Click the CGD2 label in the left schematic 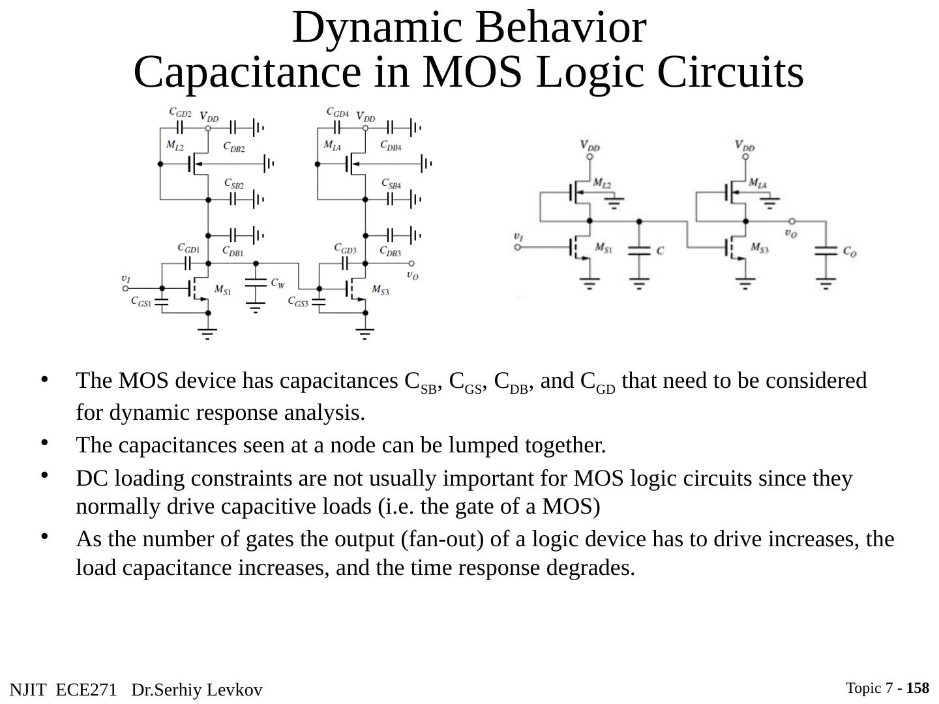tap(180, 113)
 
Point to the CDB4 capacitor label tap(391, 146)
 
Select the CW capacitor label tap(278, 284)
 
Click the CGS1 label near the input tap(141, 301)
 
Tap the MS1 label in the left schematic tap(222, 290)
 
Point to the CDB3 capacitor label tap(391, 251)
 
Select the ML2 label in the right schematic tap(602, 184)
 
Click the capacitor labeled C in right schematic tap(660, 250)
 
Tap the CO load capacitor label tap(849, 251)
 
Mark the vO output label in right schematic tap(790, 233)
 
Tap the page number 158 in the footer tap(917, 688)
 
